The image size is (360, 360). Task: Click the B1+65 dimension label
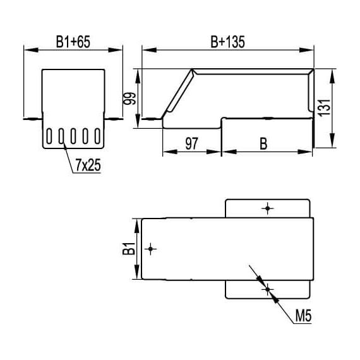click(73, 42)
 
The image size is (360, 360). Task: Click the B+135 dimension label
click(228, 42)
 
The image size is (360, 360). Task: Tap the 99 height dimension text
click(129, 99)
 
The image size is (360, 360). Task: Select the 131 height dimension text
click(325, 107)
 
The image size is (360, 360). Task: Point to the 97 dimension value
click(191, 144)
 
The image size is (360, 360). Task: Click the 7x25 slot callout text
click(88, 165)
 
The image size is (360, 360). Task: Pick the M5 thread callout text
click(303, 315)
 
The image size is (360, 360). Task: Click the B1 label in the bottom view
click(129, 249)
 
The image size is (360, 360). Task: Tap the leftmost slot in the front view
click(49, 136)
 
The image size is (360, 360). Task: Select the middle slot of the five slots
click(73, 136)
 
